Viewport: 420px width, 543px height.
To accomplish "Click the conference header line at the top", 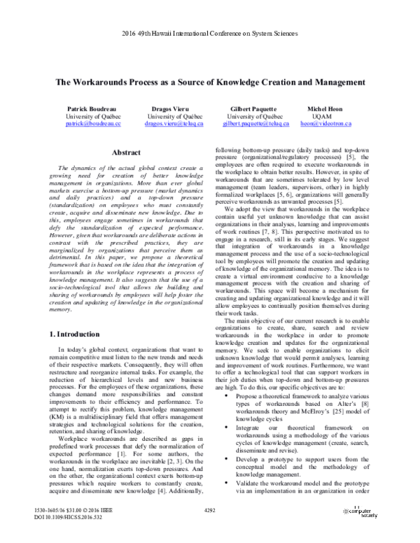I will click(x=210, y=34).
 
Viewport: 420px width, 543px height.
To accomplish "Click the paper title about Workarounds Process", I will click(x=209, y=80).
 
